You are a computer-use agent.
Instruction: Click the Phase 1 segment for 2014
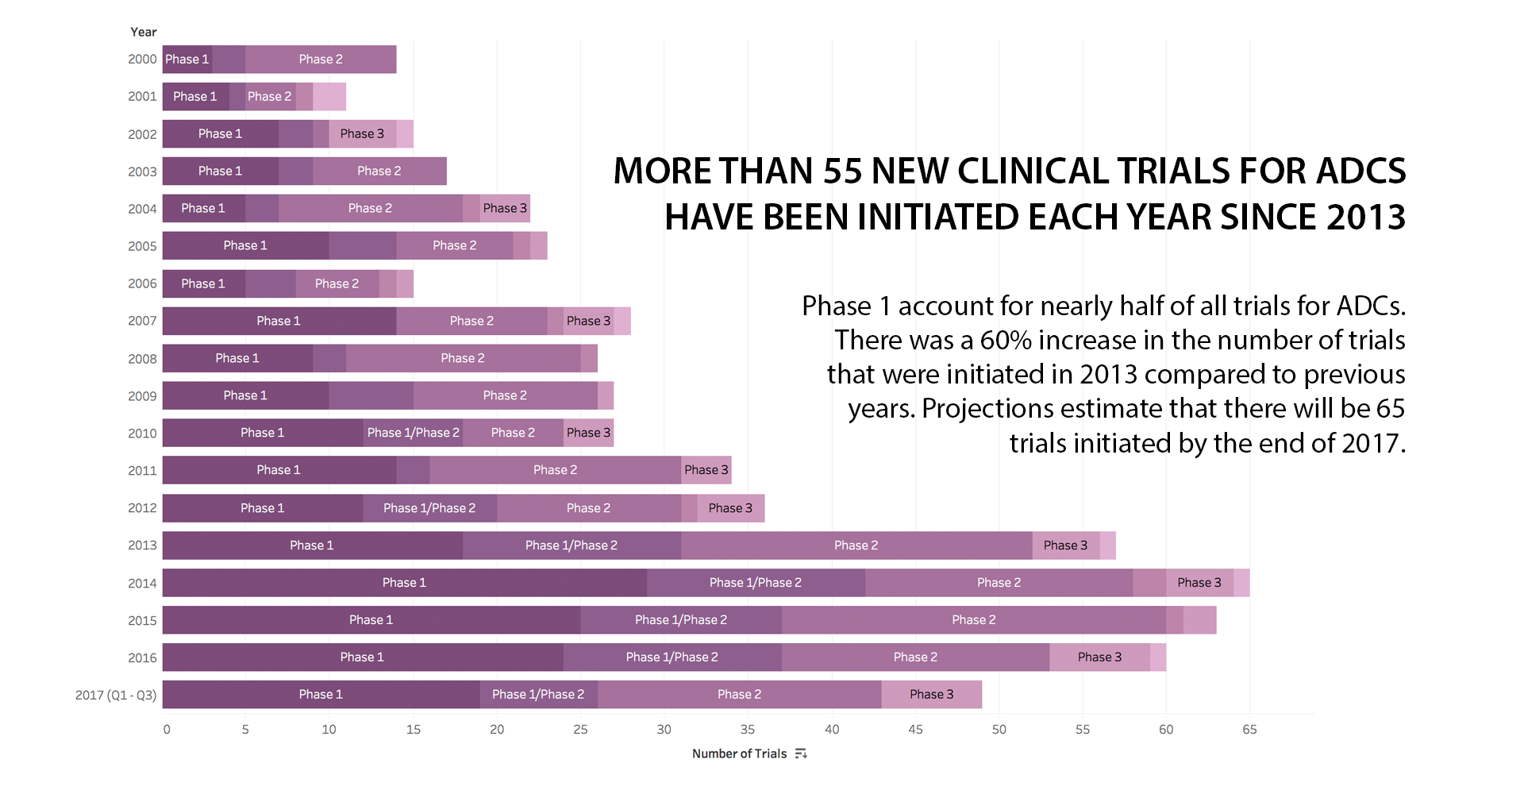[404, 583]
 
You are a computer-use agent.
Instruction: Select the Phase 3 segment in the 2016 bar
[1099, 657]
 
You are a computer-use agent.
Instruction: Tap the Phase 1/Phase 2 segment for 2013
[571, 545]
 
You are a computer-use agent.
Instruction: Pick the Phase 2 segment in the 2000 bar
[321, 60]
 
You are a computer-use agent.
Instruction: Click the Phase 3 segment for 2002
[362, 134]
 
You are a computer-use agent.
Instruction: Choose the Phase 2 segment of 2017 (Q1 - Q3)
[739, 695]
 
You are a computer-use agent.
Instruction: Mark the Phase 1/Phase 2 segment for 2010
[413, 433]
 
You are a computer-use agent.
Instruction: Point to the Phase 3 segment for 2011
[706, 470]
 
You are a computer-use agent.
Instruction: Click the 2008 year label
[142, 359]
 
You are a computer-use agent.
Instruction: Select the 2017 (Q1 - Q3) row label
[116, 696]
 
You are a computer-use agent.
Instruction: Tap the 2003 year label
[142, 172]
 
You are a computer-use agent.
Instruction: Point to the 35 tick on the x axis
[748, 730]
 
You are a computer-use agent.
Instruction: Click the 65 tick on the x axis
[1249, 730]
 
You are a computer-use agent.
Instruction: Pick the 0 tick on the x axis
[167, 730]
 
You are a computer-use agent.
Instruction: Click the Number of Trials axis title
[739, 754]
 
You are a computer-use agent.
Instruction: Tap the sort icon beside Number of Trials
[801, 754]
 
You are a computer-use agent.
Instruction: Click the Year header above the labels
[144, 32]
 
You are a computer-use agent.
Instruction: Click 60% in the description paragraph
[1006, 341]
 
